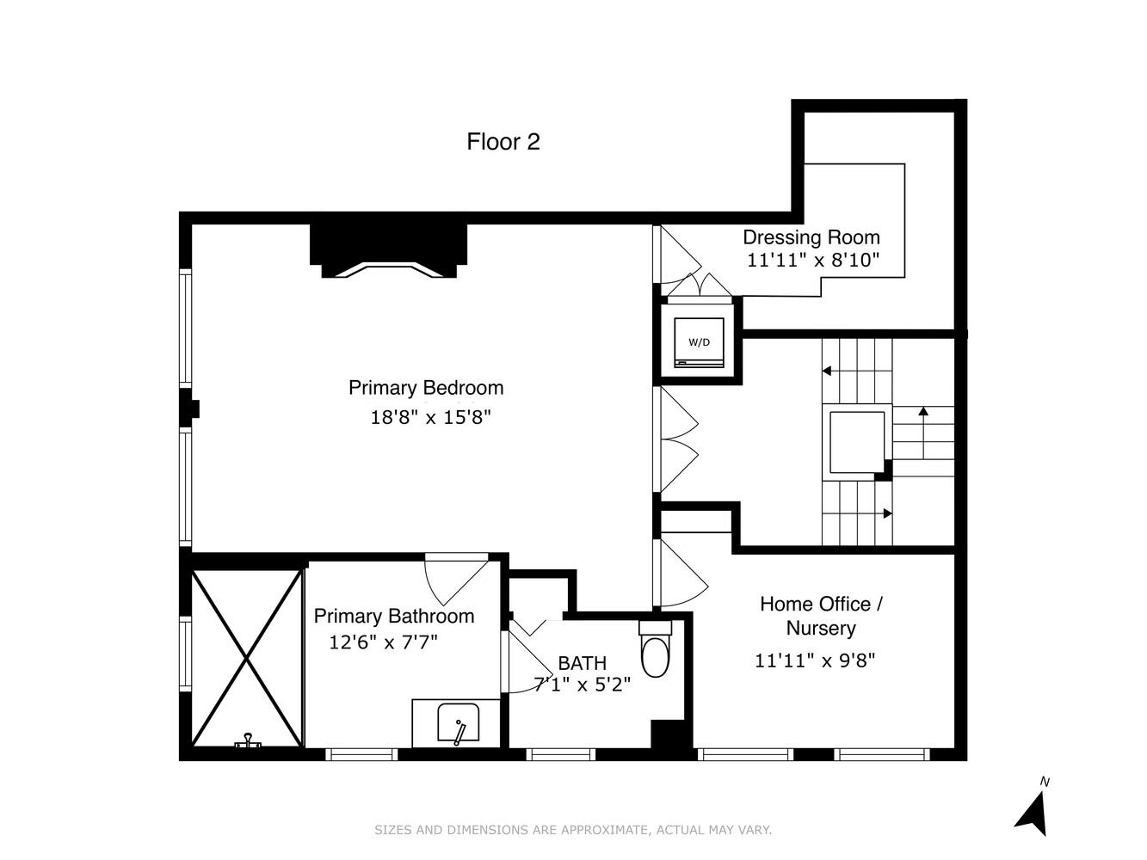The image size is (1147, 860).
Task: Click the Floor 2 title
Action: [503, 142]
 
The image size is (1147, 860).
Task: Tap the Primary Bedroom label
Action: [426, 388]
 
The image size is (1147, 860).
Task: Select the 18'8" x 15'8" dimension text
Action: [430, 418]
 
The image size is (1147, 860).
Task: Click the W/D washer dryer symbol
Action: [699, 342]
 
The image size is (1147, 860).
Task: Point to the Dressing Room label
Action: [811, 237]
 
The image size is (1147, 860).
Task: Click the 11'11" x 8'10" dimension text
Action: [813, 261]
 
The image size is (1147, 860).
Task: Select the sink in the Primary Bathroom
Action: [458, 723]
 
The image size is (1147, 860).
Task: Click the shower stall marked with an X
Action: [247, 658]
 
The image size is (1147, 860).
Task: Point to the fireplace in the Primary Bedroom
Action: [388, 252]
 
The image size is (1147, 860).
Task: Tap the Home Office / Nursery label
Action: [821, 616]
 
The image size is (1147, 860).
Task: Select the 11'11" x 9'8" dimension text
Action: [815, 660]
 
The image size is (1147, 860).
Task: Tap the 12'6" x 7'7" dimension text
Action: [384, 642]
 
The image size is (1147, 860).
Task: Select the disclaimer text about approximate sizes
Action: [573, 830]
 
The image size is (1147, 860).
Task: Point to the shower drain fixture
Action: [248, 740]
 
